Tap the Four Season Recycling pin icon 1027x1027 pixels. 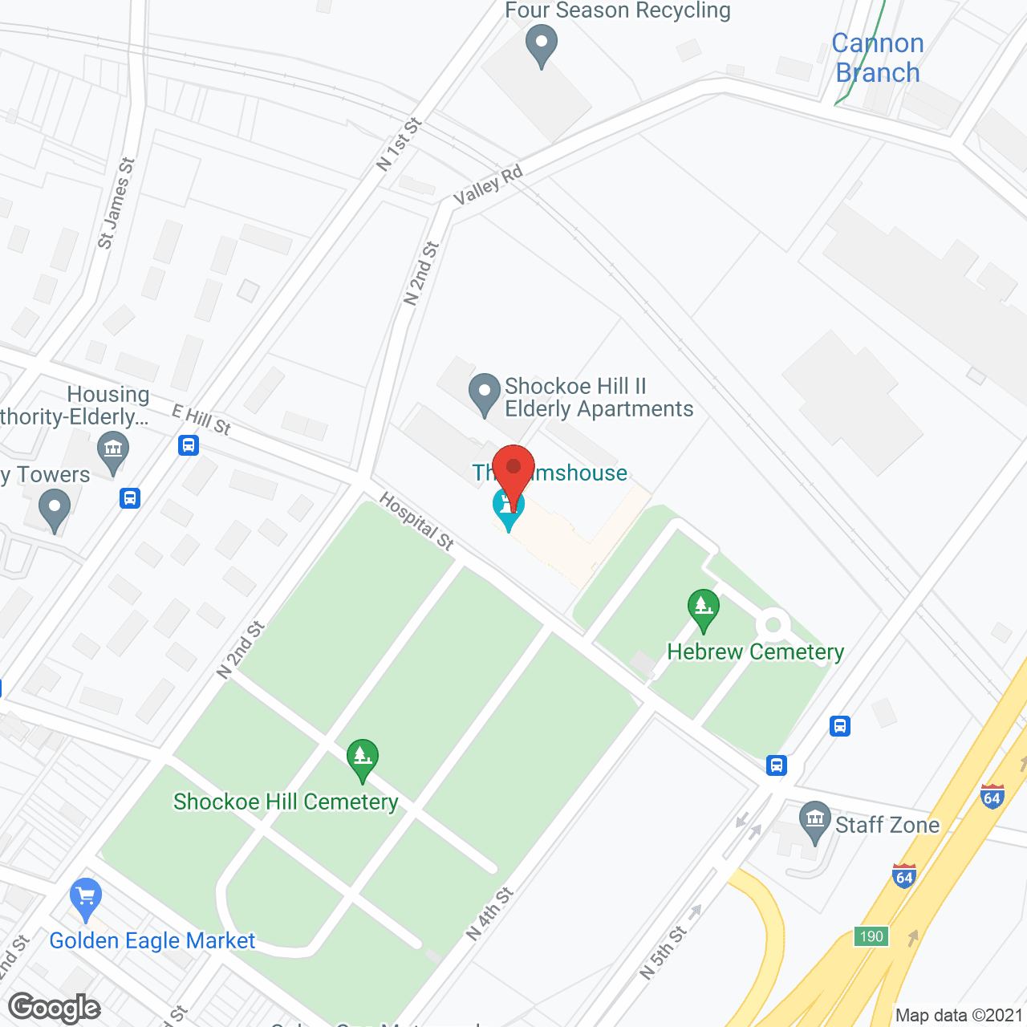click(x=542, y=44)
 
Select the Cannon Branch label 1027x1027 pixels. click(x=878, y=58)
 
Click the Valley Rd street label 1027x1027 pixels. click(x=488, y=185)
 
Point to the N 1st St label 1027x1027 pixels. click(x=399, y=144)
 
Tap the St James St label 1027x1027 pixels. click(x=116, y=203)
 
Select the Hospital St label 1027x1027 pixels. click(x=416, y=521)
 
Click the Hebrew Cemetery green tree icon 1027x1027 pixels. click(x=703, y=610)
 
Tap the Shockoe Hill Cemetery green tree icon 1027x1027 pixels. click(x=363, y=758)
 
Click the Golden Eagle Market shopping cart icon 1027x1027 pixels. click(x=85, y=898)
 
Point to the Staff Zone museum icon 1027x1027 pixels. click(x=815, y=821)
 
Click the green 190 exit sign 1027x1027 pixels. click(x=871, y=936)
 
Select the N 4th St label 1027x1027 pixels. click(x=489, y=914)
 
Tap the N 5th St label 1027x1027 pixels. click(x=663, y=952)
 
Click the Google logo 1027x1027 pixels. click(x=55, y=1008)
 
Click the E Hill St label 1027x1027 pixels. click(x=201, y=420)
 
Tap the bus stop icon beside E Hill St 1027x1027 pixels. click(x=189, y=444)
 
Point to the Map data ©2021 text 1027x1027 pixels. click(x=959, y=1015)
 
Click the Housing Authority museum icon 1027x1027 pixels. click(x=112, y=451)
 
